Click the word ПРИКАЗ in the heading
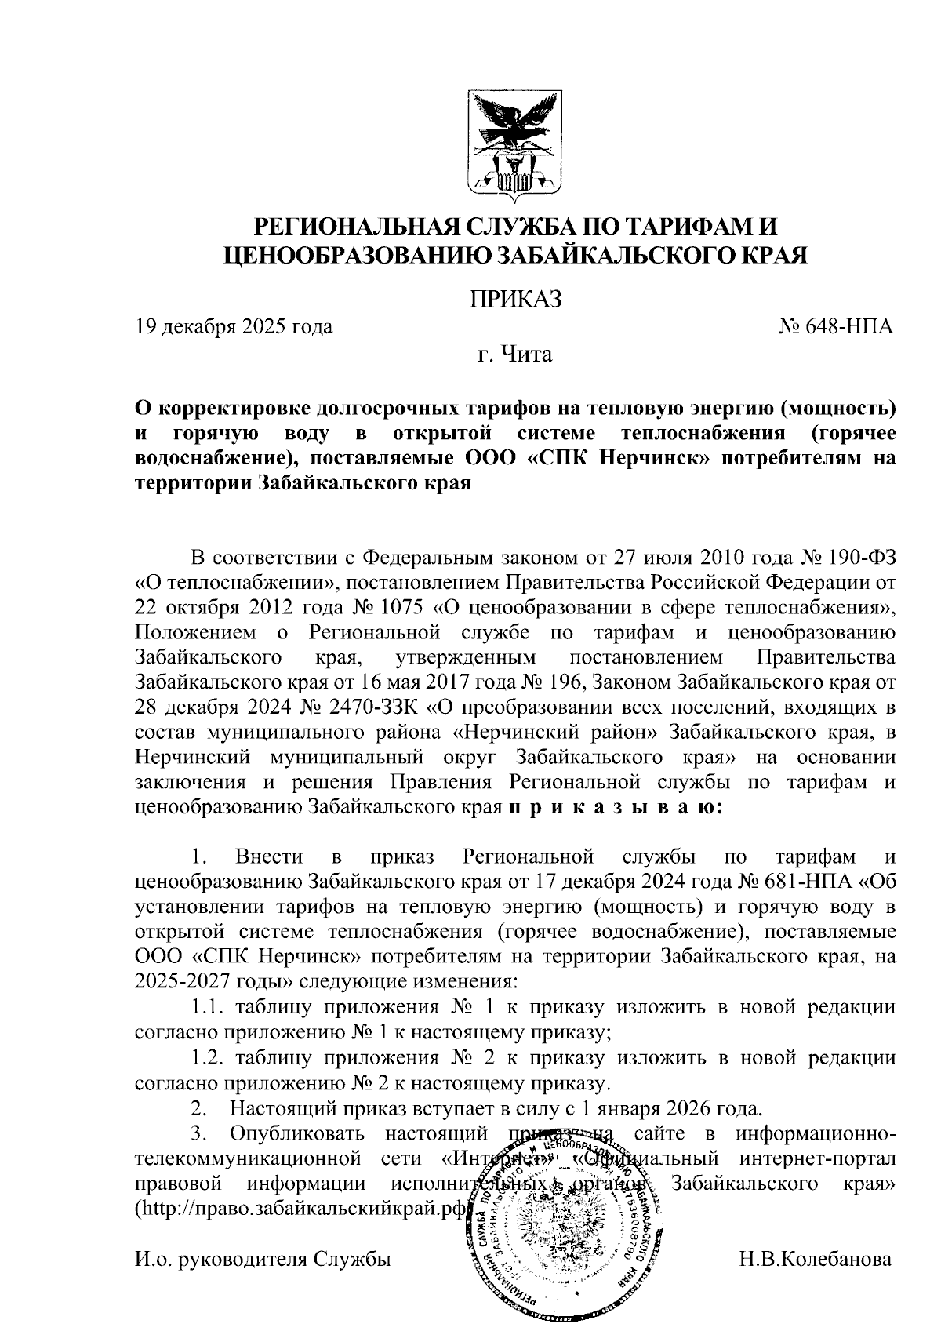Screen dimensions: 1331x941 pyautogui.click(x=515, y=300)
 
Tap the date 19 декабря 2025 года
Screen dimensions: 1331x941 pyautogui.click(x=234, y=326)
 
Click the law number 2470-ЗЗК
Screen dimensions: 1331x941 pyautogui.click(x=372, y=708)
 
